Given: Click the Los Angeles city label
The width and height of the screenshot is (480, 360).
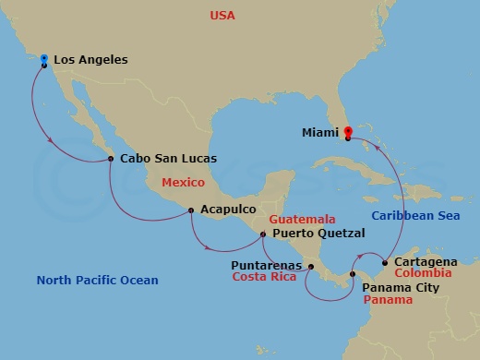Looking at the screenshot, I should point(90,60).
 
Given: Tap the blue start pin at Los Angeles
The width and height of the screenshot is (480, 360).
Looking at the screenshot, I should point(43,59).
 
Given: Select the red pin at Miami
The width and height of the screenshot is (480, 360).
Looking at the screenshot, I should point(348,132).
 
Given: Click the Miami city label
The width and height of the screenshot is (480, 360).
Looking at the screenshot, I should point(320,132).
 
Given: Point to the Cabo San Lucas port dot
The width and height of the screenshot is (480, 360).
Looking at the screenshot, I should point(111,159).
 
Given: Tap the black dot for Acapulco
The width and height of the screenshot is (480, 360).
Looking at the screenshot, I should point(190,210).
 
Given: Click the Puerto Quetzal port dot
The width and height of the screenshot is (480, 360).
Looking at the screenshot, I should point(263,234).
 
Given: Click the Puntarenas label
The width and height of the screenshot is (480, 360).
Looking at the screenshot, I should point(269,264).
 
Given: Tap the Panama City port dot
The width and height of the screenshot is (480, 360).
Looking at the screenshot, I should point(354,274).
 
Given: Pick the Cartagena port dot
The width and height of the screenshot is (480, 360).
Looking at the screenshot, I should point(384,262).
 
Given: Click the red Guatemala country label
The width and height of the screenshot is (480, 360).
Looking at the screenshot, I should point(301,221).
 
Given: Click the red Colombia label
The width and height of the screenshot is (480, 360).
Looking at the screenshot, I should point(423,273).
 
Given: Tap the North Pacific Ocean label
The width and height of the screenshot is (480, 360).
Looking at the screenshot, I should point(97,281).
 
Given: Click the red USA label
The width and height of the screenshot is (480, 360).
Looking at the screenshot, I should point(222,16).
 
